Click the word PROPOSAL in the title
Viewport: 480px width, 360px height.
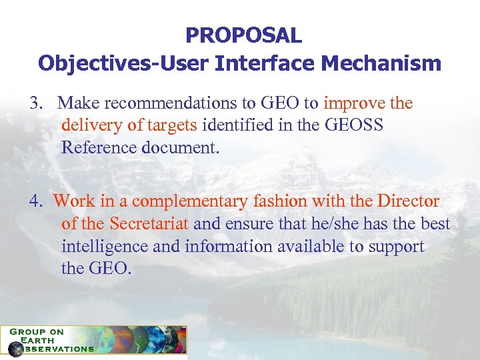click(x=243, y=35)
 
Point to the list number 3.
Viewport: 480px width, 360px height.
click(x=35, y=103)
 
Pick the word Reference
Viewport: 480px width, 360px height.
click(x=99, y=147)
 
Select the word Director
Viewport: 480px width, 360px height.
click(x=408, y=201)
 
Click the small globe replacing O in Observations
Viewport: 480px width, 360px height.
click(x=15, y=349)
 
